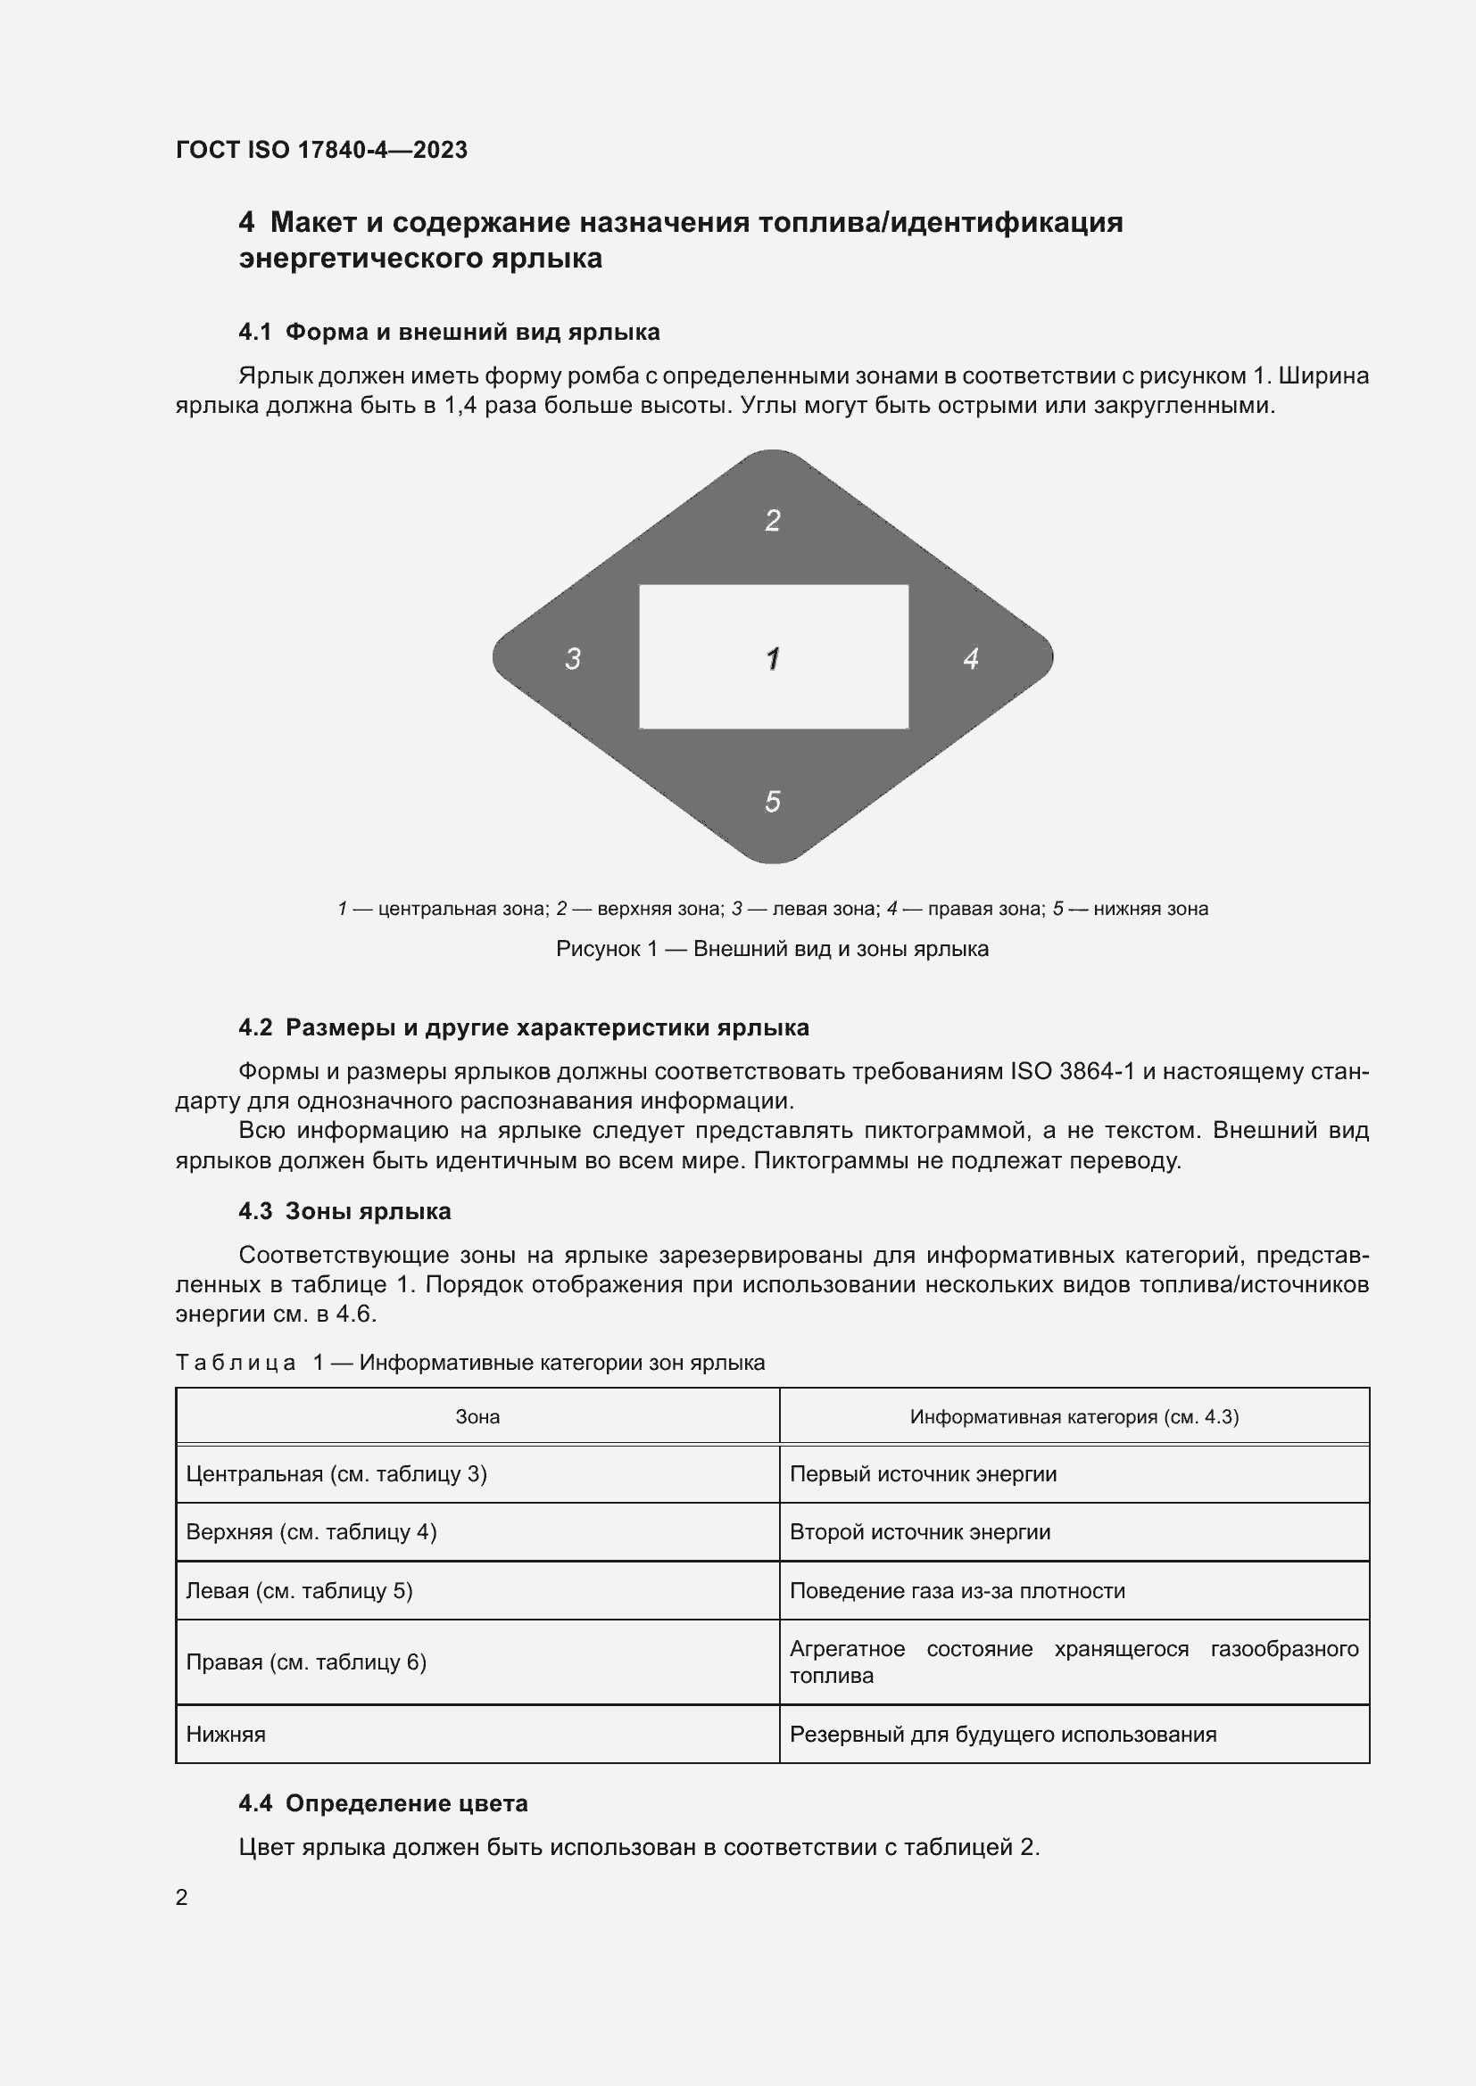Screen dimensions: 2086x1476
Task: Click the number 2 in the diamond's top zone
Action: tap(773, 521)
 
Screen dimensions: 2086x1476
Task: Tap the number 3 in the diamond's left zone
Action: tap(573, 658)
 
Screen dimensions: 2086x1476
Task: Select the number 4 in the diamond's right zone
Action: tap(971, 658)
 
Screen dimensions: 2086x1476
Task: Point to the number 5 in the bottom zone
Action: tap(773, 802)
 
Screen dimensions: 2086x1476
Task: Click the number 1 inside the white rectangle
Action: tap(773, 658)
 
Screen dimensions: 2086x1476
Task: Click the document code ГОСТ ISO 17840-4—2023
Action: tap(322, 150)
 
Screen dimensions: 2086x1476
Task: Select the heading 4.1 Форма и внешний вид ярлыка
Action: tap(449, 332)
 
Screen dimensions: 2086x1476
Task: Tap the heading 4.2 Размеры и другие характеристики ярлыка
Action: tap(524, 1027)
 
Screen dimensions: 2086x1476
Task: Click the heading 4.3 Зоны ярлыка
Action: tap(344, 1211)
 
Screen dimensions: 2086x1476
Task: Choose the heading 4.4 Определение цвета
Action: tap(383, 1803)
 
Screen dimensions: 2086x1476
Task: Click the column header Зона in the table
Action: tap(477, 1416)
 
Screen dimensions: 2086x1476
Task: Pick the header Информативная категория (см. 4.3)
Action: tap(1074, 1416)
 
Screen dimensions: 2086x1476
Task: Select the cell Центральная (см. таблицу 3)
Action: tap(336, 1473)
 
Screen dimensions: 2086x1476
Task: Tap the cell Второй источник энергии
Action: tap(920, 1532)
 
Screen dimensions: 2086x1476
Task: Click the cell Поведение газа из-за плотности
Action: tap(957, 1591)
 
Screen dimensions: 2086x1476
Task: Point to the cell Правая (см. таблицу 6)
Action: tap(306, 1661)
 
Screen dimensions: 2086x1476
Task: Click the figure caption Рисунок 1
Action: tap(772, 949)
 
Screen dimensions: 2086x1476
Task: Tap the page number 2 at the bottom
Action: tap(182, 1897)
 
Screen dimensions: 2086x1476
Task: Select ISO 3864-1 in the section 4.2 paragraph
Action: tap(1073, 1071)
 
